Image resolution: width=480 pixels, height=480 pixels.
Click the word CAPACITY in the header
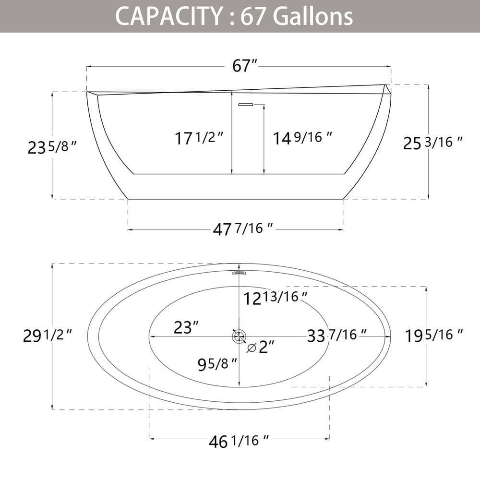tap(168, 16)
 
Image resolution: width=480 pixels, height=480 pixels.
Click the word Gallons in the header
tap(312, 16)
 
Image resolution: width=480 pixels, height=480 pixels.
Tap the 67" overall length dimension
tap(245, 65)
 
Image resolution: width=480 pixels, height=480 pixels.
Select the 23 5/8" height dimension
tap(51, 147)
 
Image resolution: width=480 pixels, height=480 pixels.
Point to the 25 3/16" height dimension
tap(432, 143)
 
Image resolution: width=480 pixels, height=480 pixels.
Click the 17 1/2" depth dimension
tap(199, 138)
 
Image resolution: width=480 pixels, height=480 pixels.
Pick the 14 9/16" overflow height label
tap(302, 138)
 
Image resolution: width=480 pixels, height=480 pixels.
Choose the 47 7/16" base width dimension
tap(243, 229)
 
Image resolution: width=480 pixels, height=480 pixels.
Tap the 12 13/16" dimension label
tap(275, 298)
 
